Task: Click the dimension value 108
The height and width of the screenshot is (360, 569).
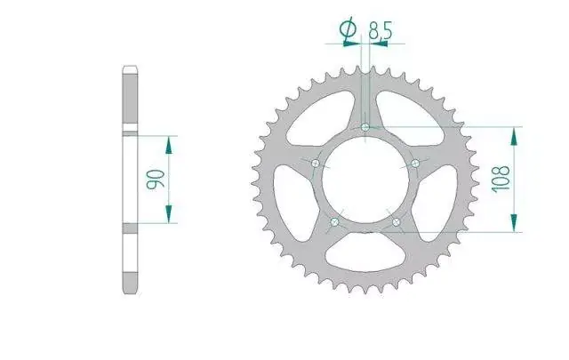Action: pos(501,180)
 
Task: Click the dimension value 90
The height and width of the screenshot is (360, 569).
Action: pos(156,180)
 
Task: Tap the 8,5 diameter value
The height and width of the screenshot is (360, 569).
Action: pos(381,30)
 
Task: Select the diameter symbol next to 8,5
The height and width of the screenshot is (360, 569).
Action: pos(348,28)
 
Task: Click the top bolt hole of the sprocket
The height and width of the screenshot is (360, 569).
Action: pos(365,127)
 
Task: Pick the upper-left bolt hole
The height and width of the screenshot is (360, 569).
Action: pos(316,164)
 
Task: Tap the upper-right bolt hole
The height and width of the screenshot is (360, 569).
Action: pos(415,164)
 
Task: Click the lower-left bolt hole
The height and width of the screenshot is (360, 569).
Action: pos(334,221)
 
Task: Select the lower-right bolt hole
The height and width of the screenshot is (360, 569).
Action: pos(397,221)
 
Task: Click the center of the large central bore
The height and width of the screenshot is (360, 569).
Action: pos(365,180)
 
